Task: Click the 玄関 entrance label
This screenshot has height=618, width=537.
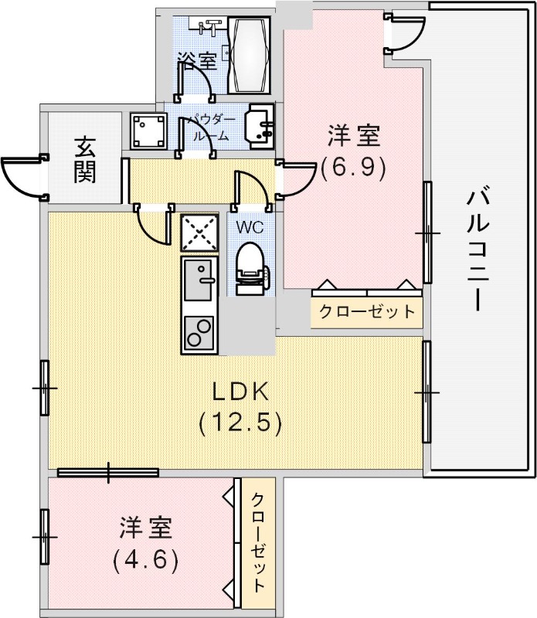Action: [x=85, y=159]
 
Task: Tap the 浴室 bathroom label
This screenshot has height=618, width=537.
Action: [x=195, y=58]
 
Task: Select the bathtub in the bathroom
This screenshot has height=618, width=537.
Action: [x=250, y=55]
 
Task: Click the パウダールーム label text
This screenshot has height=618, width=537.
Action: [x=207, y=127]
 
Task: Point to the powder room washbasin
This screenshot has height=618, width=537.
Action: [x=259, y=126]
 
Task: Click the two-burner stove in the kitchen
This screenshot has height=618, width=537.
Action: [x=200, y=334]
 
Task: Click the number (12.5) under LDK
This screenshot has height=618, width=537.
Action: [x=240, y=423]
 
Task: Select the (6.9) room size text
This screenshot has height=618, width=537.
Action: [x=354, y=168]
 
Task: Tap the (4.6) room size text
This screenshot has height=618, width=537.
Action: [x=146, y=558]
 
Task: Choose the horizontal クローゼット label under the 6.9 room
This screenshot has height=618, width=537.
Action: [x=367, y=312]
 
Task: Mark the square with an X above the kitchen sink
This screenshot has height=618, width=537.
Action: [x=200, y=233]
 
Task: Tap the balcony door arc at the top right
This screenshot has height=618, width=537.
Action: [x=407, y=32]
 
